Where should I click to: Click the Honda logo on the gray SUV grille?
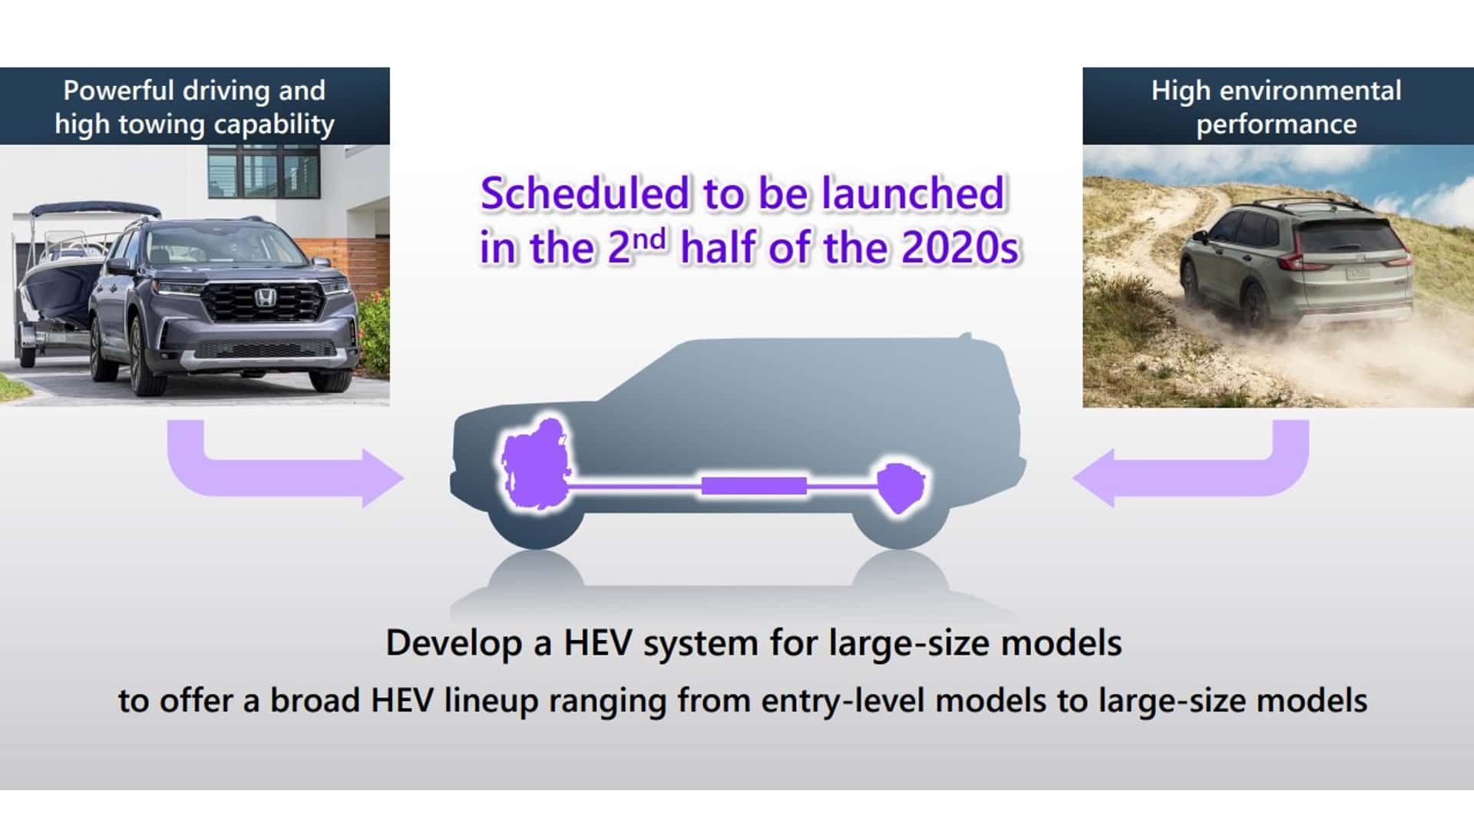click(x=265, y=298)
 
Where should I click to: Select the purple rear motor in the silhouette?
click(x=901, y=487)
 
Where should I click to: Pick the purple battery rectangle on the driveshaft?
click(x=754, y=486)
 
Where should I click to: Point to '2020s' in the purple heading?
click(x=960, y=248)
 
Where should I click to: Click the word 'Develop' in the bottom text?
click(x=454, y=643)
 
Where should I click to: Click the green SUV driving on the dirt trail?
click(x=1297, y=263)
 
